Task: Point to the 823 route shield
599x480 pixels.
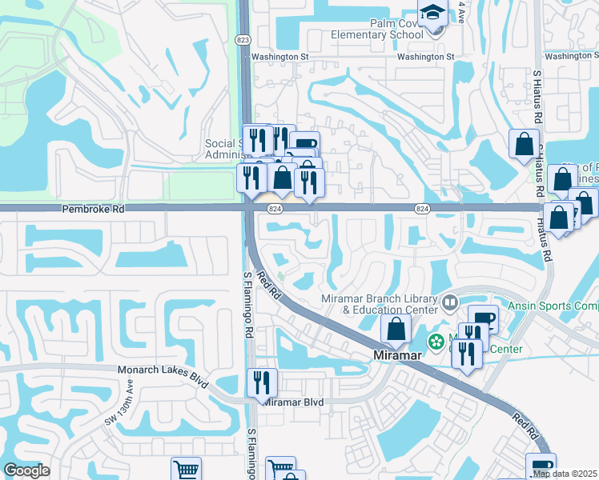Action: click(243, 39)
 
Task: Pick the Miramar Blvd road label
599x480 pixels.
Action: click(293, 402)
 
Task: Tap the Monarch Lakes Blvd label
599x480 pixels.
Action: click(157, 370)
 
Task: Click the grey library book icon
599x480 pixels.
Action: click(450, 302)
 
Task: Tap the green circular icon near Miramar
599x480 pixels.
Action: click(436, 342)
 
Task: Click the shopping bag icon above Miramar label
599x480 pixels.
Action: click(396, 328)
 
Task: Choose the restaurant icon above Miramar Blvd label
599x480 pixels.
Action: click(261, 382)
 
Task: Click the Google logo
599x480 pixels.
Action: click(26, 470)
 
